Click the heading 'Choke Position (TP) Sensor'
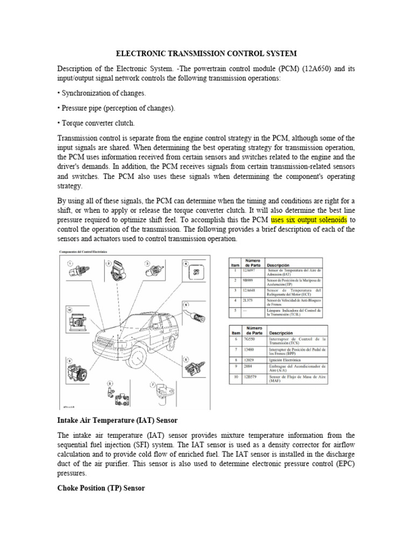click(101, 488)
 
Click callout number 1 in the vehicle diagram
click(70, 263)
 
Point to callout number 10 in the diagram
click(68, 310)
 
